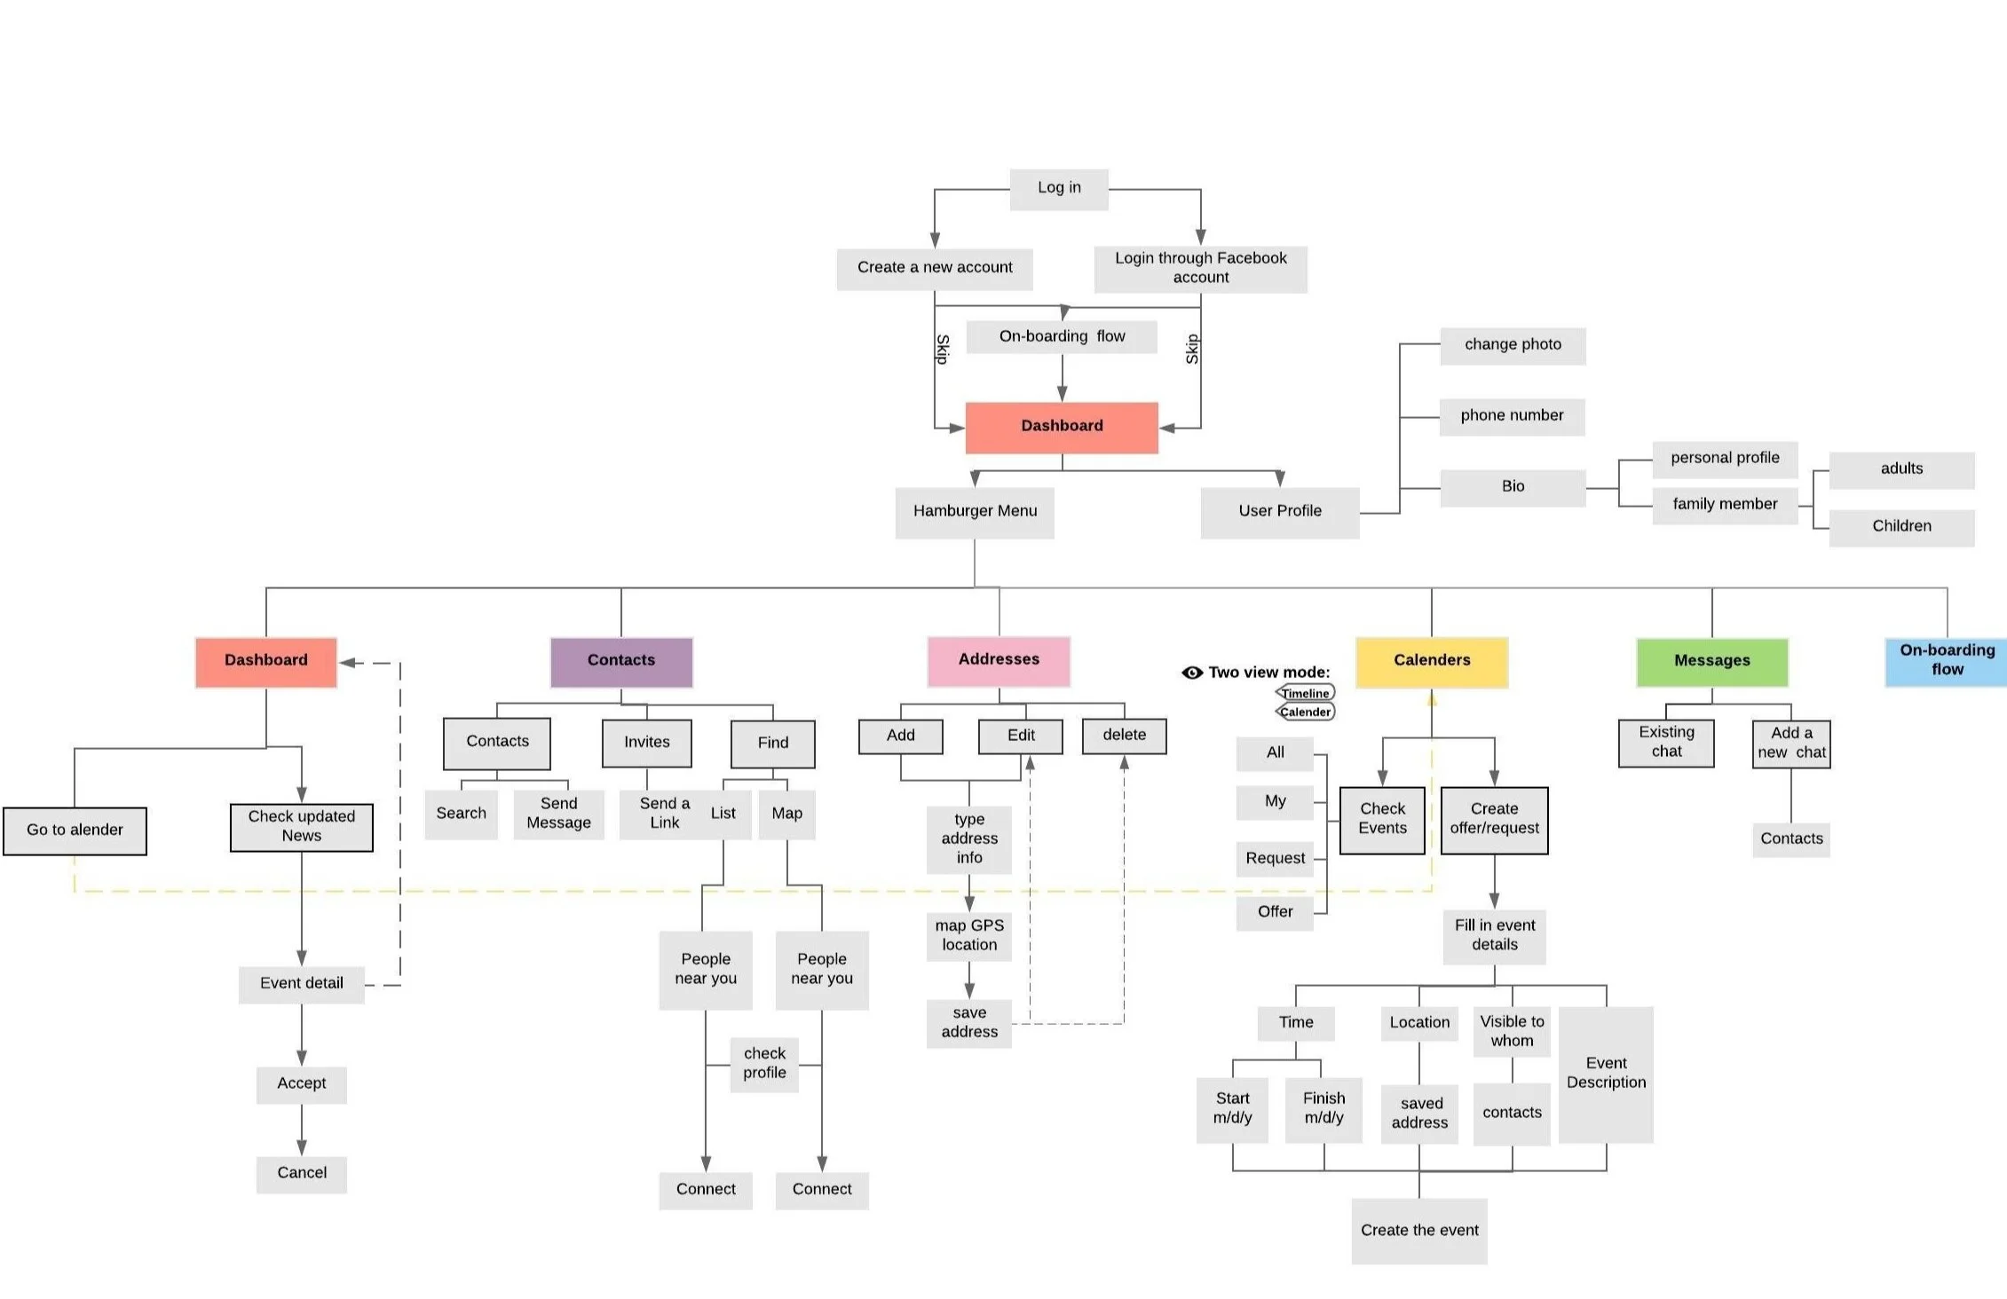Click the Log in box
[x=1058, y=188]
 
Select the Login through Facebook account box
[x=1200, y=268]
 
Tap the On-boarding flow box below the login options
[x=1061, y=336]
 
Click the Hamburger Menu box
[x=975, y=511]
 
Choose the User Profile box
[x=1279, y=511]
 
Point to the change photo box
[x=1512, y=344]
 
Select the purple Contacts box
[x=620, y=661]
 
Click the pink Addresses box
[x=998, y=660]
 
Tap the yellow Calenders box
[x=1431, y=661]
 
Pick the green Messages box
[x=1711, y=661]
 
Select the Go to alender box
[x=75, y=831]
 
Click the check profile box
[x=764, y=1063]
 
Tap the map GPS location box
[x=968, y=936]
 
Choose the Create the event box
[x=1418, y=1231]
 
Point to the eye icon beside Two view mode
[x=1191, y=673]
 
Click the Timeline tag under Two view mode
[x=1305, y=693]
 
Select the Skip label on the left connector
[x=943, y=349]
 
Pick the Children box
[x=1900, y=526]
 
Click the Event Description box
[x=1605, y=1074]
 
